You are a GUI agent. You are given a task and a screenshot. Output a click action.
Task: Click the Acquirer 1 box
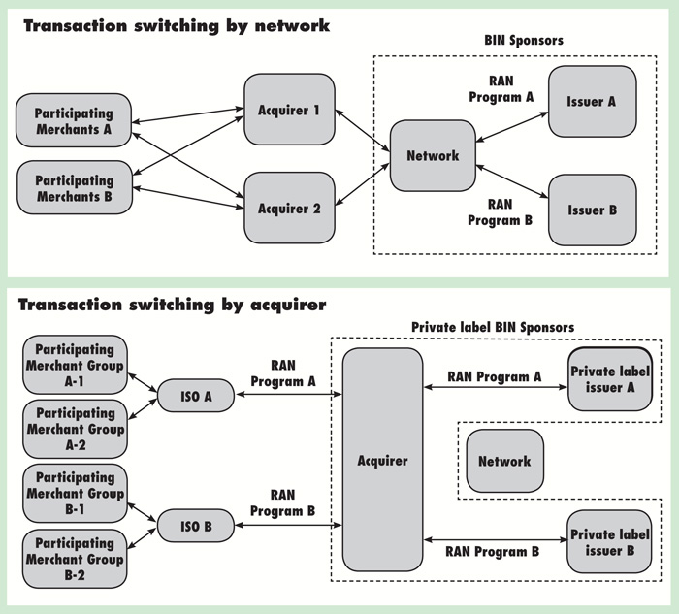tap(290, 110)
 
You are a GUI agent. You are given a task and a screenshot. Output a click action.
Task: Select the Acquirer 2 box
tap(290, 208)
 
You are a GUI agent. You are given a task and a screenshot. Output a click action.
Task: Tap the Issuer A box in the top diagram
tap(593, 102)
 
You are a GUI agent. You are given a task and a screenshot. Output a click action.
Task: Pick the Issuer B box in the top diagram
tap(593, 210)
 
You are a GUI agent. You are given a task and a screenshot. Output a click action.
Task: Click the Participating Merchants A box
tap(74, 121)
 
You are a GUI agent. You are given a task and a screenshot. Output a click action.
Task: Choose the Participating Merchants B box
tap(74, 188)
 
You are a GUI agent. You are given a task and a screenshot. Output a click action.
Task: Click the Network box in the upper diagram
tap(433, 155)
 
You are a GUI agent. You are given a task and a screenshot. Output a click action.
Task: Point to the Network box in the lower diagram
tap(504, 461)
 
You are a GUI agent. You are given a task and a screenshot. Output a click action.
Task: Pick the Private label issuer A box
tap(609, 378)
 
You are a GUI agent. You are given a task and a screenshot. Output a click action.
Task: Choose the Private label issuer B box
tap(609, 541)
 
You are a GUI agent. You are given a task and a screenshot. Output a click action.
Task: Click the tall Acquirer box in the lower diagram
tap(382, 460)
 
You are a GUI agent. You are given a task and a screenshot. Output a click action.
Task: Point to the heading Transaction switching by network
tap(176, 26)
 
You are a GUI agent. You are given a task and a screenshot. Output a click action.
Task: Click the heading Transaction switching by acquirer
tap(173, 305)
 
